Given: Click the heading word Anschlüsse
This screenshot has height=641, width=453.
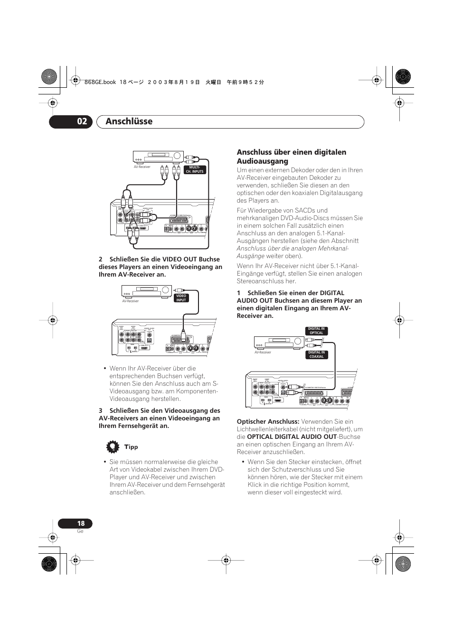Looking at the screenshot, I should (129, 121).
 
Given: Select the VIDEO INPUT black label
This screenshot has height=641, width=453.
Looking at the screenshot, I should (181, 298).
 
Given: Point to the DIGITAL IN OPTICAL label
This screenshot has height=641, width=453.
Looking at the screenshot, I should (316, 331).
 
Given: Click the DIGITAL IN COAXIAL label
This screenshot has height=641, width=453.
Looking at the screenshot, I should (316, 354).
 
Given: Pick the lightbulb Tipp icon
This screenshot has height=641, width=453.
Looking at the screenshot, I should (112, 447).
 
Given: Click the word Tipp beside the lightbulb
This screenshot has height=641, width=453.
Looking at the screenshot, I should (131, 447).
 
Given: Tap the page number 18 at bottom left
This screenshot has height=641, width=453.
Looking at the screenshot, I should (81, 523).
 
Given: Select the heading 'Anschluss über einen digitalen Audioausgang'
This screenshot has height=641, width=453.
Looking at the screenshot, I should (291, 157).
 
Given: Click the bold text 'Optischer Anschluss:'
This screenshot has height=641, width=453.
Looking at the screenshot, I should (268, 421).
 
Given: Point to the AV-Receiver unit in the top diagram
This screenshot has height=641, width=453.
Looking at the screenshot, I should (158, 156).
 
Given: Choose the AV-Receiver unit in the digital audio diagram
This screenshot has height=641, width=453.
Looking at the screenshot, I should (279, 342).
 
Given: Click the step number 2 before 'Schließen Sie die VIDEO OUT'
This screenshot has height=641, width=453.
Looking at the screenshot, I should (101, 259).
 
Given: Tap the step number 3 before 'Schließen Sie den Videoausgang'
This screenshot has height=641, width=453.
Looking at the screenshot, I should (101, 410).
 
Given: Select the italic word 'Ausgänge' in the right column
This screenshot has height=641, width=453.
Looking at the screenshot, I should (250, 256).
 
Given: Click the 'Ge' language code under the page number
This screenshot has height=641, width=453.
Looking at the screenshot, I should (80, 531).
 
